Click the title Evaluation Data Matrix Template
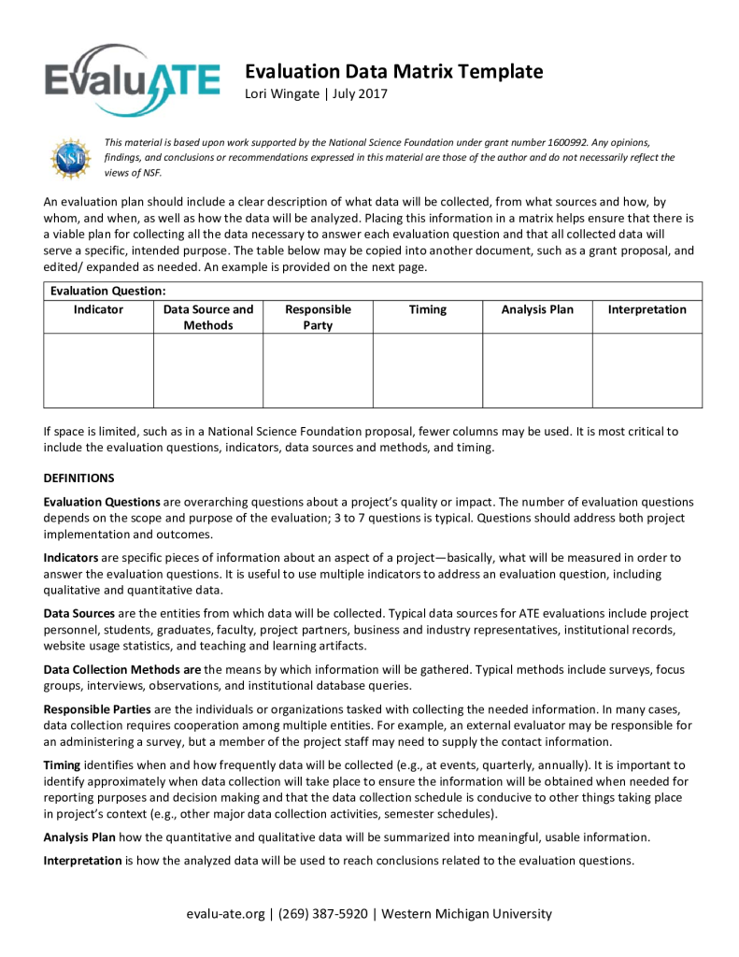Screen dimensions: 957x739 point(393,72)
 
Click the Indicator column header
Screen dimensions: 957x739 point(98,309)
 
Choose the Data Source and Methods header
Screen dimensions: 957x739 point(208,317)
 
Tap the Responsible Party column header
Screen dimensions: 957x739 point(318,317)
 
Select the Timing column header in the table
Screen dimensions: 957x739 point(428,309)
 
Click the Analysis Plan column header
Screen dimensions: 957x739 point(537,309)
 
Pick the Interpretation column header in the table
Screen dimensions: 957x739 point(647,309)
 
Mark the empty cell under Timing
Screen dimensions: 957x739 point(428,370)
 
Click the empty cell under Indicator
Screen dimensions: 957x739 point(98,370)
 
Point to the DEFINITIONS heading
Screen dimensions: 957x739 point(79,478)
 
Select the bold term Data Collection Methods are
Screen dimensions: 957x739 point(122,669)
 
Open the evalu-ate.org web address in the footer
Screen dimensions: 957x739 point(225,914)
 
